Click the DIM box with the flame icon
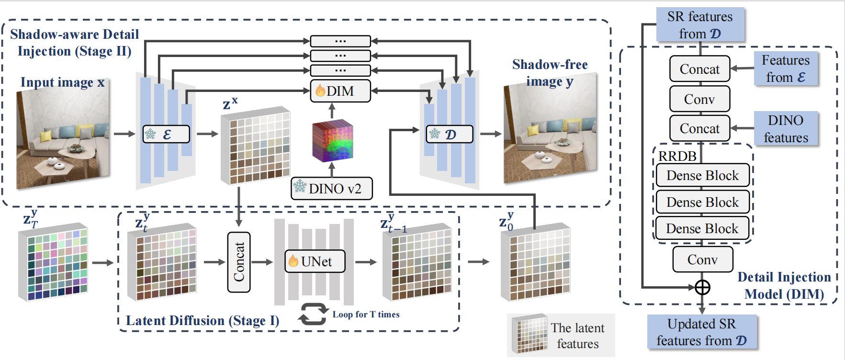340,91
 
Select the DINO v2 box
332,188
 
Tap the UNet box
315,261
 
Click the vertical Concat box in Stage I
238,262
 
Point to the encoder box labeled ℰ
166,134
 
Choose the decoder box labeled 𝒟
449,134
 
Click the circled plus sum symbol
702,287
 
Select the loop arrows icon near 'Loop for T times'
313,314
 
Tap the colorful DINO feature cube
332,140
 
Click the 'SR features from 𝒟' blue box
700,25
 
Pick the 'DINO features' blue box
786,129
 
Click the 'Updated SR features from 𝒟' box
701,332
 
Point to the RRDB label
677,156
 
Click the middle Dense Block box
702,202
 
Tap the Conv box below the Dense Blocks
702,259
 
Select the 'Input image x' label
62,82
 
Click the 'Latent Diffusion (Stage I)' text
202,320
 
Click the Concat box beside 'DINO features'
699,128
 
